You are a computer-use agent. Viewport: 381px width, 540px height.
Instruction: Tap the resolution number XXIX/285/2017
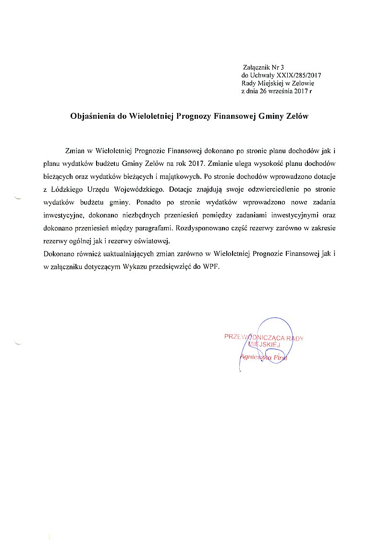295,75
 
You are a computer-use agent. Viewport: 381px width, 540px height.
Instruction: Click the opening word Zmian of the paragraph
74,151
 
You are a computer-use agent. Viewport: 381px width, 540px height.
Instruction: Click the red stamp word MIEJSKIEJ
264,345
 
